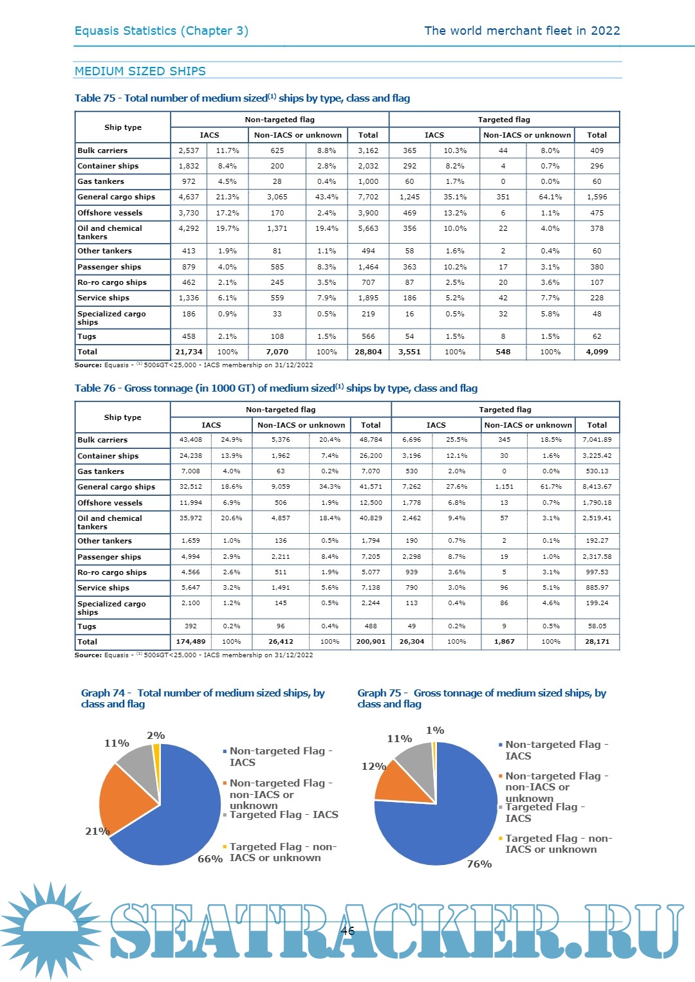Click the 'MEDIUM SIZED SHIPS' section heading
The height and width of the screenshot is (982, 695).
(140, 71)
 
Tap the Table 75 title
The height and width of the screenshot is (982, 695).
(242, 98)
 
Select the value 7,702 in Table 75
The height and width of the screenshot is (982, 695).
(368, 197)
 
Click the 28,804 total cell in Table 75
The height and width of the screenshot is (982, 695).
(368, 352)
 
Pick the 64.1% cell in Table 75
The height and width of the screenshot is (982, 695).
(550, 197)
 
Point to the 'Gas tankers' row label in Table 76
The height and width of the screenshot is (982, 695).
(101, 471)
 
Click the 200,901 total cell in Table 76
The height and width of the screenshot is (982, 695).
(371, 642)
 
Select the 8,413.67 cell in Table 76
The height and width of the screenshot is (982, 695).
(597, 487)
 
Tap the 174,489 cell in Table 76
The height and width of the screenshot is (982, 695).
(190, 642)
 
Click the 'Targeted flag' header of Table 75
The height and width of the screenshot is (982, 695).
(504, 120)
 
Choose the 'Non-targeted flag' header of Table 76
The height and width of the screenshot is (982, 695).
(281, 410)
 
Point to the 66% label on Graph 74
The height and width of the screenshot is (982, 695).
(210, 859)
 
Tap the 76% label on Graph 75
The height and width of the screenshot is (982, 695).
(479, 864)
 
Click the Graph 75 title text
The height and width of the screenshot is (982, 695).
(481, 698)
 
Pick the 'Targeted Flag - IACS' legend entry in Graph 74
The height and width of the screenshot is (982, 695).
(283, 815)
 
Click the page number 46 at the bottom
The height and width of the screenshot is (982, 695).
(347, 931)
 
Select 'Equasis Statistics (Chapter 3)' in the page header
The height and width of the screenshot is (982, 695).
(162, 31)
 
